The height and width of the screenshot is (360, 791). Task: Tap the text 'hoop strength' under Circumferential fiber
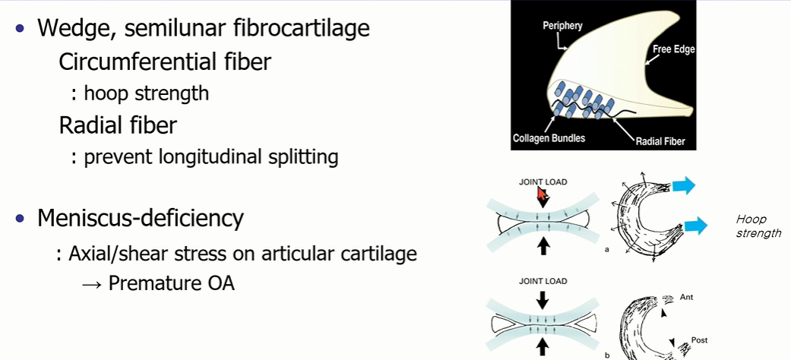146,93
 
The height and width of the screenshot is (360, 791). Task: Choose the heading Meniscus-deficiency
141,219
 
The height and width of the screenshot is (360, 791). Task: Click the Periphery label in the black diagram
562,26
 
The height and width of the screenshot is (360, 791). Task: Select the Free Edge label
673,50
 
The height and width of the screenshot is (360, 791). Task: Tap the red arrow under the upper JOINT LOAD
542,198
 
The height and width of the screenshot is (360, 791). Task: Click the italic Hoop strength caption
758,226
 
